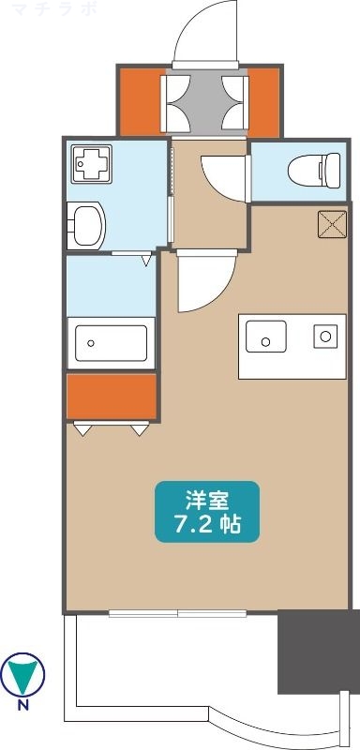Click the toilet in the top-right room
[306, 171]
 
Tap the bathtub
[111, 343]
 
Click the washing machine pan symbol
[90, 166]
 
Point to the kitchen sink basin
[265, 334]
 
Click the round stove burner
[325, 335]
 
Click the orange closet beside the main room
[111, 396]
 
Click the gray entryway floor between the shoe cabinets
[204, 101]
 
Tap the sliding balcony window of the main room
[178, 614]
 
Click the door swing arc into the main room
[202, 281]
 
